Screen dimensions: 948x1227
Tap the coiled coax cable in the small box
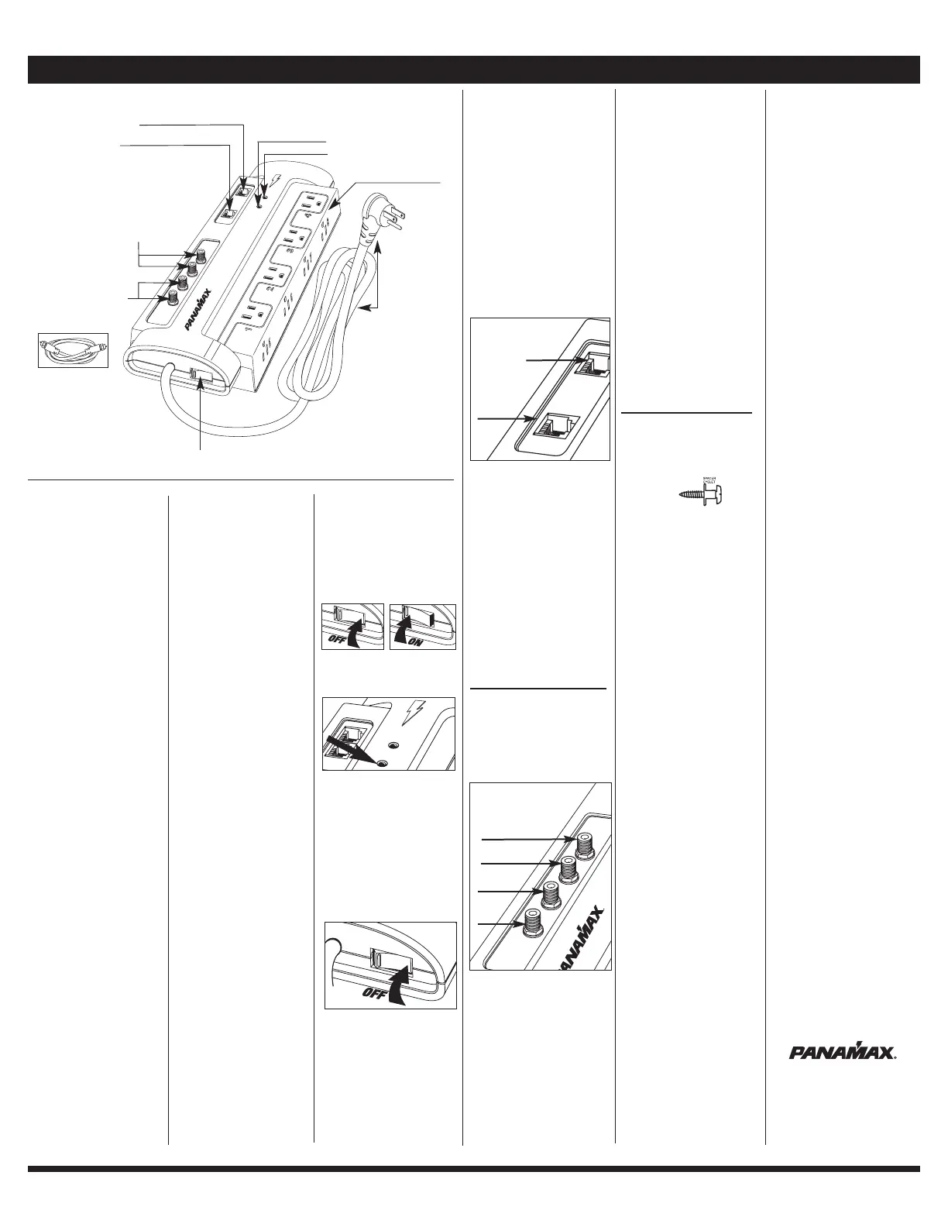(x=73, y=349)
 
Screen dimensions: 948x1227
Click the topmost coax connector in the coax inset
(x=586, y=844)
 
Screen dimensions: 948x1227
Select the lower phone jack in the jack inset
(x=552, y=424)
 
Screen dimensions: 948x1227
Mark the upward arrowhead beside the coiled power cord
(x=379, y=250)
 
